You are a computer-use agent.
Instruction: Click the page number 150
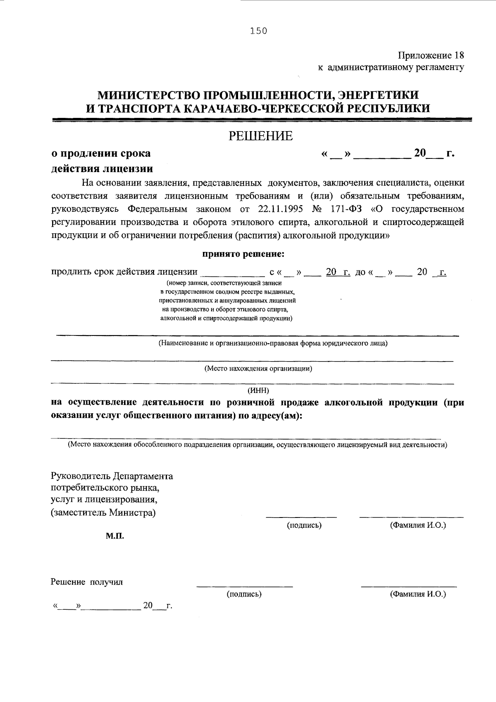258,31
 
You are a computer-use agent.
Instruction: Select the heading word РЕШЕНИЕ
261,136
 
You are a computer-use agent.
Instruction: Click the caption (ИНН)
258,391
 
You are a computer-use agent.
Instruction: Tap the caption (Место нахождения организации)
258,369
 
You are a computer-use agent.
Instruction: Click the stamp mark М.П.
114,536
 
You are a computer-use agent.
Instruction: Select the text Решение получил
87,582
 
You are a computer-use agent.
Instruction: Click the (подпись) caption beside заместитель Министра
304,525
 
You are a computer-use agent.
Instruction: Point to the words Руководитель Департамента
112,476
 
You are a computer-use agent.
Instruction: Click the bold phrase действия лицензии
102,169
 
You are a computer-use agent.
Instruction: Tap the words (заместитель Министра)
103,513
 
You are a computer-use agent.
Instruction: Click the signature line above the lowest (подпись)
244,586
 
